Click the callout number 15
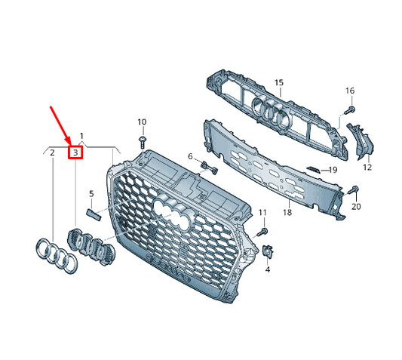(x=278, y=82)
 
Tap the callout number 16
(x=349, y=91)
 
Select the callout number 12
(x=367, y=168)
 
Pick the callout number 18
(x=287, y=214)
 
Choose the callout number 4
(x=267, y=269)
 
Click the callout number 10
(x=142, y=122)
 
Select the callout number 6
(x=191, y=156)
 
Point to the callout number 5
(x=91, y=194)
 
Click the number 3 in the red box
(x=75, y=152)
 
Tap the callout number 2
(x=52, y=152)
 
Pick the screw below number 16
(x=348, y=109)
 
